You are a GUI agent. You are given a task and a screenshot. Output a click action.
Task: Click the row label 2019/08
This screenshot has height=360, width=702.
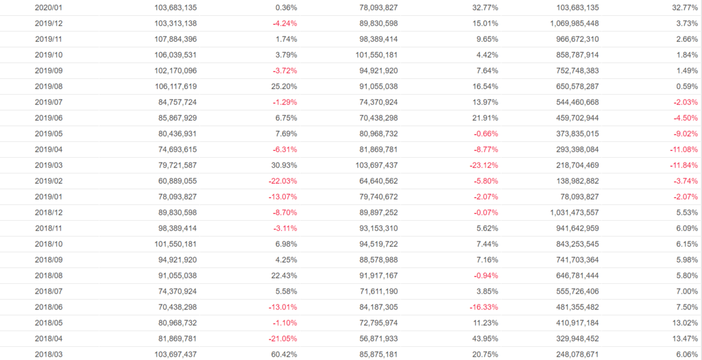coord(49,86)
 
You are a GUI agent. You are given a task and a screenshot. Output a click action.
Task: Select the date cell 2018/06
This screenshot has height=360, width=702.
coord(49,307)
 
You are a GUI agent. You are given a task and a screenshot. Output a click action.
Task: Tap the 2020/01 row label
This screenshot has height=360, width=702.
coord(49,8)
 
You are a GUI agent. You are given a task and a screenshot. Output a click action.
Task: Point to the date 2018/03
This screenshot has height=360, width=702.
coord(49,355)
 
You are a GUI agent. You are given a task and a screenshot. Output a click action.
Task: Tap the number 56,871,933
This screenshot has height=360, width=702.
coord(368,339)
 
